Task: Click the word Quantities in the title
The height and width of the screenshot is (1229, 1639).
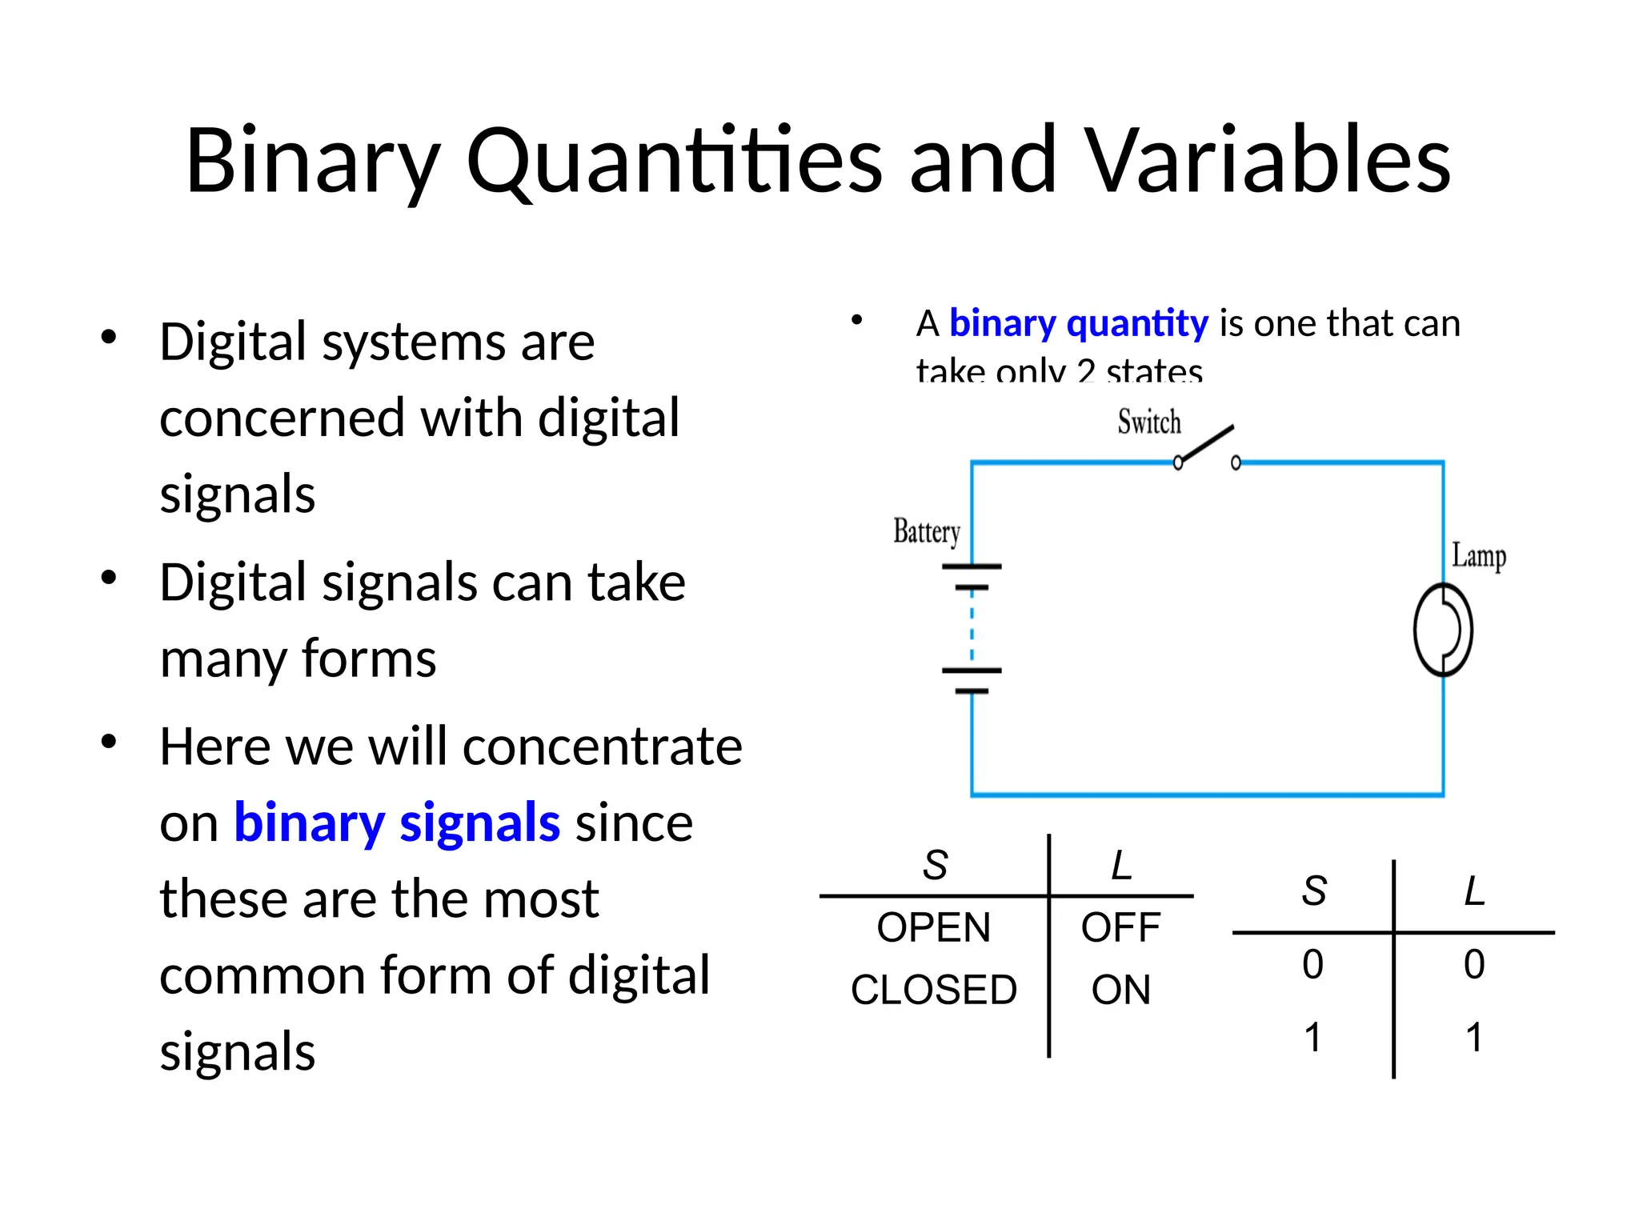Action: (674, 162)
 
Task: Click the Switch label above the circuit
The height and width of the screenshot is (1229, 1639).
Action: (1148, 422)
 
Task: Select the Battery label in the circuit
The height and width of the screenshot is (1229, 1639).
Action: (926, 532)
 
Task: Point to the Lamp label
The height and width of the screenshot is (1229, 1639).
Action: (1478, 556)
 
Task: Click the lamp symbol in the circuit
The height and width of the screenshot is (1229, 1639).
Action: (1442, 630)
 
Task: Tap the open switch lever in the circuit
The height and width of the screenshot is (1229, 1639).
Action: (1207, 444)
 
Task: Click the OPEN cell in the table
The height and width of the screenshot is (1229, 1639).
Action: (933, 928)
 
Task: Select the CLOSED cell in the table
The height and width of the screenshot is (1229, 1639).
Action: (933, 991)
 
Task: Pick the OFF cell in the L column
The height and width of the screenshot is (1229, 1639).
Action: (1120, 928)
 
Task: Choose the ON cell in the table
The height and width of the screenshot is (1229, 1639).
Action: (1120, 991)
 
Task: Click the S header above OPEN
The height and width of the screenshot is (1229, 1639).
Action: (935, 866)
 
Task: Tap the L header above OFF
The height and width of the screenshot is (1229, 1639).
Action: (1121, 866)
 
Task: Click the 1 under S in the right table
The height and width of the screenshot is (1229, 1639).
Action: (1312, 1038)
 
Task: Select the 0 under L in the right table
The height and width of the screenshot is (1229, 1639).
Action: (1474, 964)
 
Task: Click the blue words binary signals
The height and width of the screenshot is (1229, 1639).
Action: (396, 823)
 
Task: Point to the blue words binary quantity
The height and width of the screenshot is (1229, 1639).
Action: (1078, 324)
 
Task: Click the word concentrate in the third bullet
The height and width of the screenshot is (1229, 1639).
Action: (602, 747)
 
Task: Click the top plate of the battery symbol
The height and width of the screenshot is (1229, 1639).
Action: (972, 566)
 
